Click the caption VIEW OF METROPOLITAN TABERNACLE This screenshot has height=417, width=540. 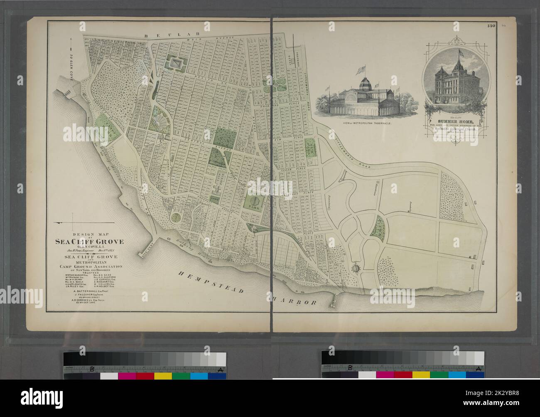click(x=360, y=123)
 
